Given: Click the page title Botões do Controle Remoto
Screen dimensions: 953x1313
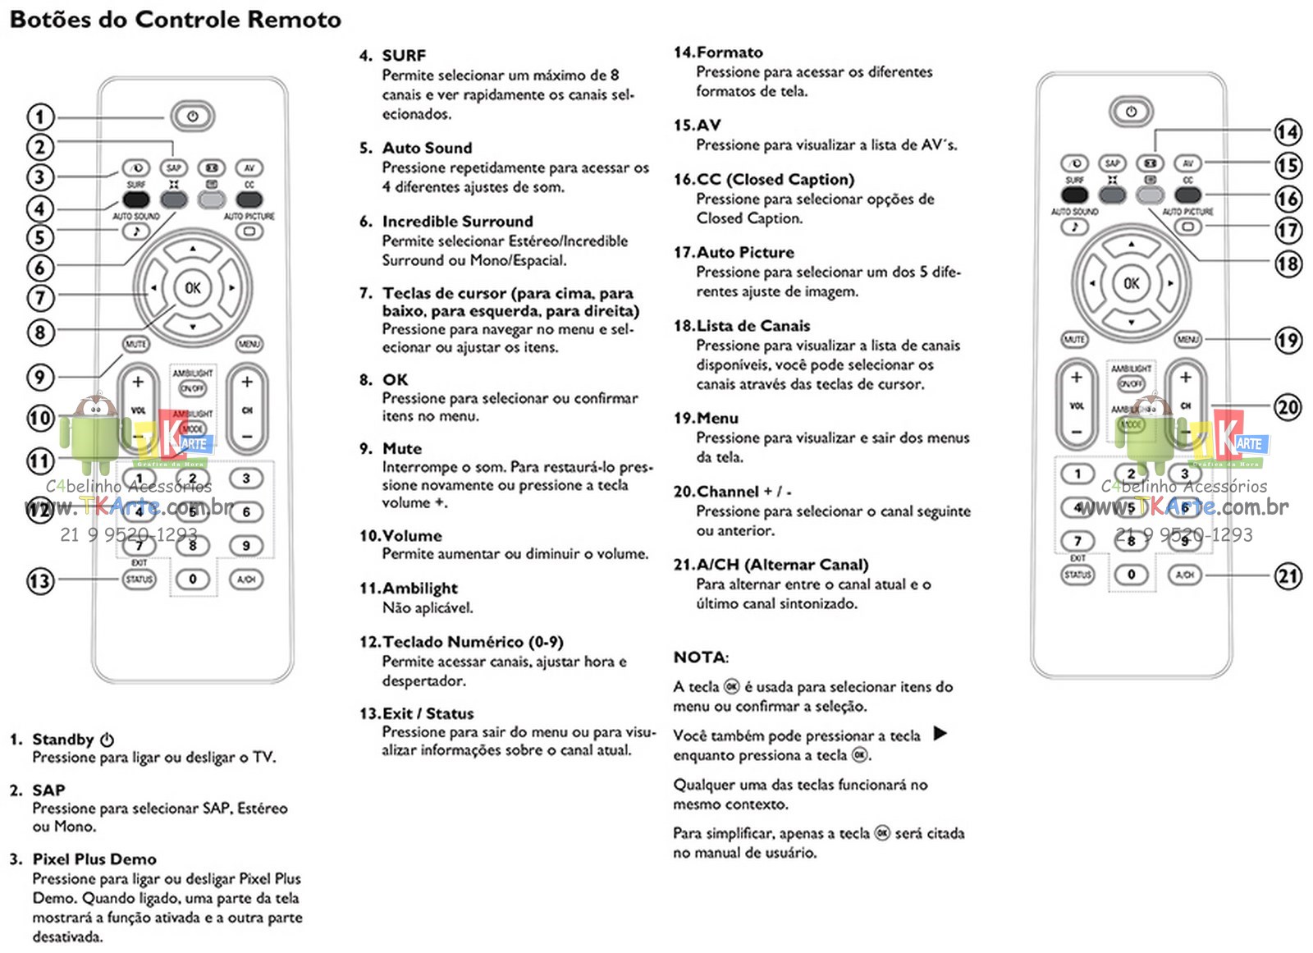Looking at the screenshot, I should click(175, 20).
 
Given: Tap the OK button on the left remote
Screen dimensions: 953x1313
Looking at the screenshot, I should click(192, 288).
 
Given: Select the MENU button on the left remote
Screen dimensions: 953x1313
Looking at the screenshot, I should click(249, 344).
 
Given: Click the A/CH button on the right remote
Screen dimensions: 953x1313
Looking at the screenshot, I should click(1184, 575).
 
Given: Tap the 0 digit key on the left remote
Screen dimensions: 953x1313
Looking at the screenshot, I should click(193, 579).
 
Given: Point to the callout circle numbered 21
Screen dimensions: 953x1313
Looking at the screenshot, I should click(1288, 575).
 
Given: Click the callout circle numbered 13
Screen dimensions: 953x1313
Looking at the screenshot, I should click(39, 581).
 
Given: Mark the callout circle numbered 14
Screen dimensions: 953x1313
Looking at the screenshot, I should click(1288, 131).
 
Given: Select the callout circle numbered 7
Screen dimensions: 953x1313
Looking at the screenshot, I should click(40, 297).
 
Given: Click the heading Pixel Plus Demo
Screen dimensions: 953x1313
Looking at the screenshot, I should click(94, 859).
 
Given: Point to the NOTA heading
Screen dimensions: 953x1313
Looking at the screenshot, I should click(700, 657).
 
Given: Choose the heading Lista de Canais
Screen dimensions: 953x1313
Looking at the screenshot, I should click(753, 326).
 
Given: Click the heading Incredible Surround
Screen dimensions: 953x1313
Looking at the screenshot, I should click(457, 222).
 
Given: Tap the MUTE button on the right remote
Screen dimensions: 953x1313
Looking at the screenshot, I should click(1074, 339).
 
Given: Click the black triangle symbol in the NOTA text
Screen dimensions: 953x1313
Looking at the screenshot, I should click(940, 733).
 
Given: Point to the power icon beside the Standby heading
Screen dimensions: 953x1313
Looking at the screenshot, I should click(107, 740).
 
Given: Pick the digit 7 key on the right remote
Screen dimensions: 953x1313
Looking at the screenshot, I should click(1077, 541).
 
